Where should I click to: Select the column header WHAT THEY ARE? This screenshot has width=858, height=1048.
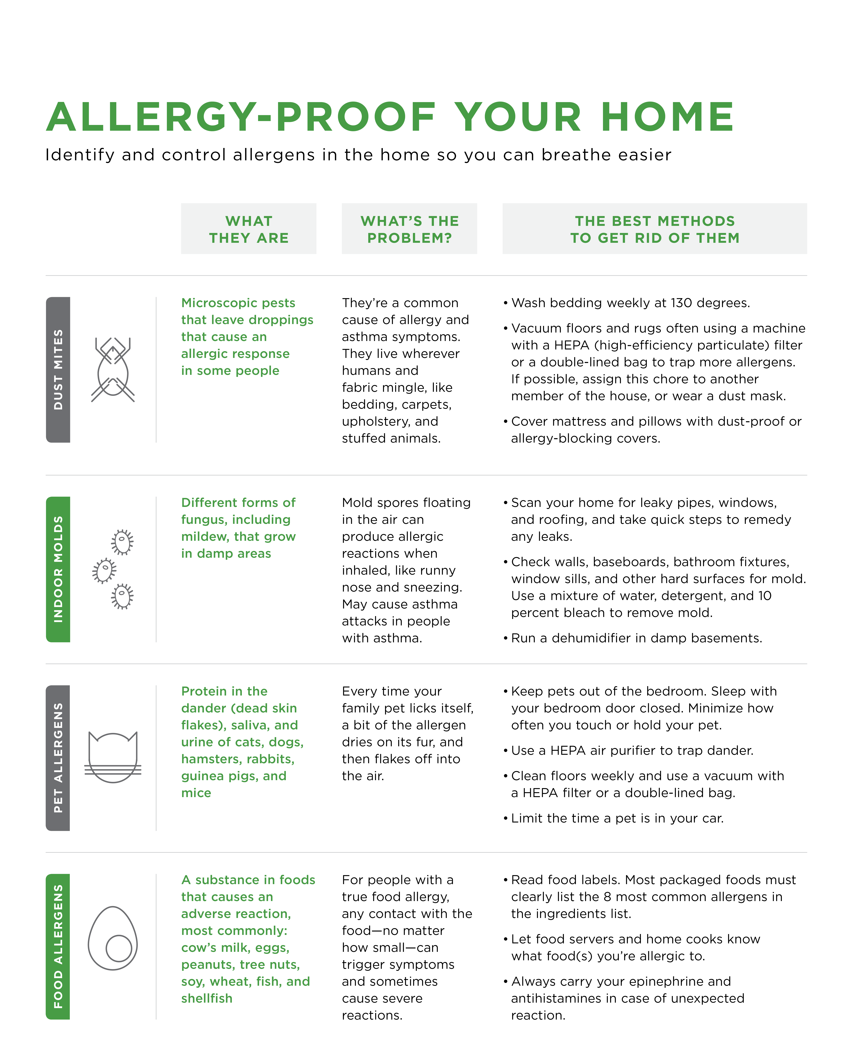249,229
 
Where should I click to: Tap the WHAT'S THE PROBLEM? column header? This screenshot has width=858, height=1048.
409,229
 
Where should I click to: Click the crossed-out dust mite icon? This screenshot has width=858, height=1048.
113,370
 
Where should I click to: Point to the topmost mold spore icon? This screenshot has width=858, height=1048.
122,542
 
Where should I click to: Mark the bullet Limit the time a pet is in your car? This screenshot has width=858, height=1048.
617,818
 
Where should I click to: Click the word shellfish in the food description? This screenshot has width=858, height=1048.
207,998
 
